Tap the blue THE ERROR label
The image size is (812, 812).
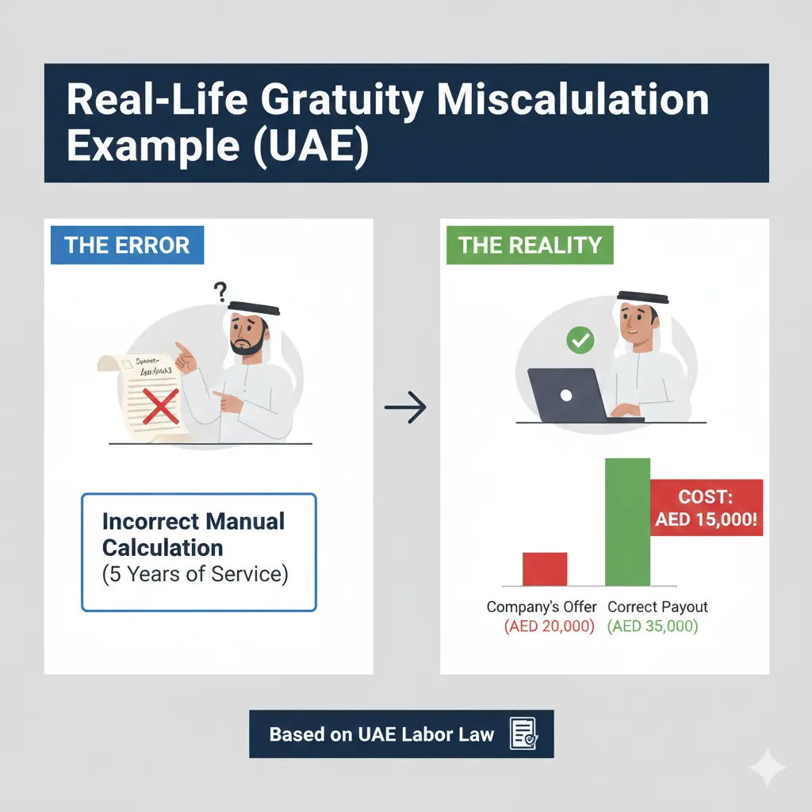pos(128,244)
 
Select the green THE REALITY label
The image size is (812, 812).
pos(530,244)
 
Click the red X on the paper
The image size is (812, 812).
pos(161,406)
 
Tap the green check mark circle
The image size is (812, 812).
pos(580,342)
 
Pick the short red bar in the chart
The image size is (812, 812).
pos(545,569)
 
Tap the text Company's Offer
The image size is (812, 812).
pos(542,607)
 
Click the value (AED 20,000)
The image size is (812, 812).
pos(549,626)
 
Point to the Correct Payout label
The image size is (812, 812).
pos(657,607)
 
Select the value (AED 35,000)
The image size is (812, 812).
pos(653,626)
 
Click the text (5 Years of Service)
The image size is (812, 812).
pos(195,574)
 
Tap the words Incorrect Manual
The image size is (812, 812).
pos(193,522)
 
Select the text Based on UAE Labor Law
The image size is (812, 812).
pos(381,734)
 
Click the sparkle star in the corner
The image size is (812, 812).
pos(768,768)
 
